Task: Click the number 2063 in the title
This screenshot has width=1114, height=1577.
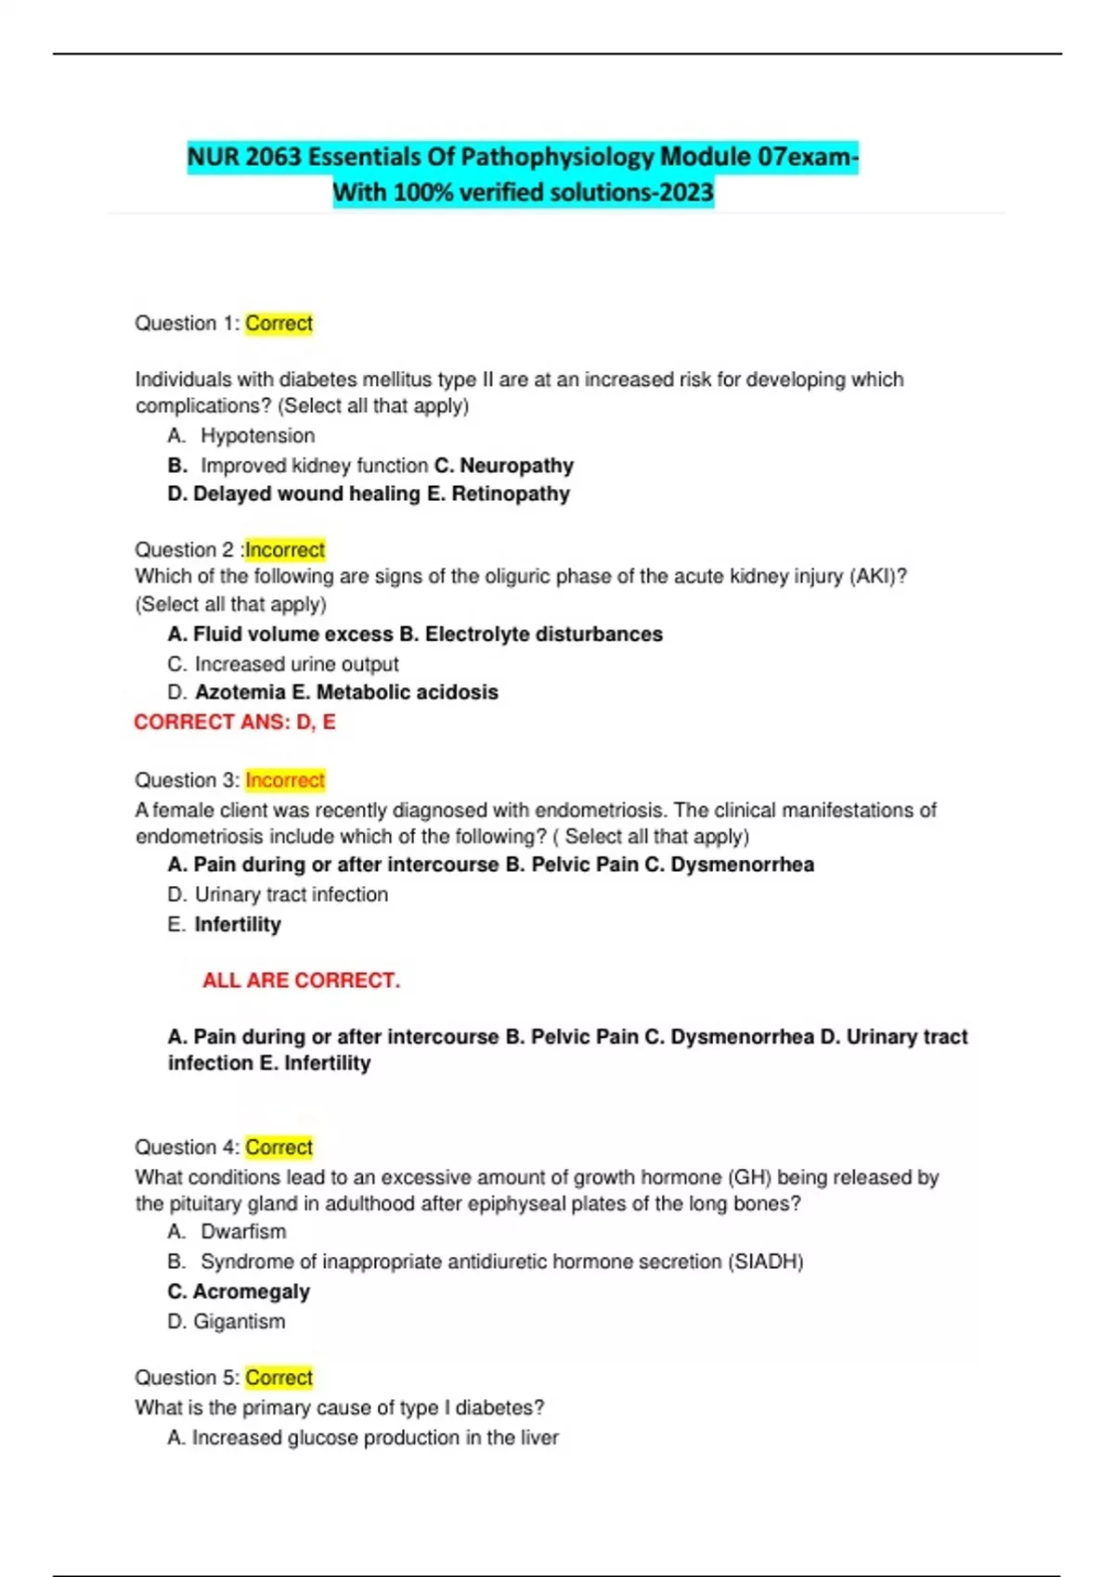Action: coord(274,157)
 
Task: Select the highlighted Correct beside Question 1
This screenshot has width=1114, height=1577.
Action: coord(278,324)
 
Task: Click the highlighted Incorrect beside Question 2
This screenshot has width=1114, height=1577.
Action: coord(284,550)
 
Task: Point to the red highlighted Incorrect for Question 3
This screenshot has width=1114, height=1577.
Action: coord(285,780)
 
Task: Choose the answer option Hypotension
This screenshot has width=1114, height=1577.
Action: coord(257,436)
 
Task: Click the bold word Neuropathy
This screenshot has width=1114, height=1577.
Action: coord(516,466)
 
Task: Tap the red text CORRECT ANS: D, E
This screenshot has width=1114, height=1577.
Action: coord(235,722)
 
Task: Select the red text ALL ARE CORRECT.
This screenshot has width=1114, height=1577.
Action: coord(301,981)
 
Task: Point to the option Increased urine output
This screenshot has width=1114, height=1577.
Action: coord(296,664)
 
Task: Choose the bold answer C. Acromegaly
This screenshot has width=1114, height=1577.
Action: coord(239,1291)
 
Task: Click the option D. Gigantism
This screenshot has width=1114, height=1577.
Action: coord(227,1321)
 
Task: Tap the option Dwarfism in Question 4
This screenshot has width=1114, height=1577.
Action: coord(243,1232)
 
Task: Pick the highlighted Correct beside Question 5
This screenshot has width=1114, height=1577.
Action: coord(278,1378)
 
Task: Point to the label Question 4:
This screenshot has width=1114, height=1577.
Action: coord(187,1147)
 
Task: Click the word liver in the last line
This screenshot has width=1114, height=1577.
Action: coord(539,1438)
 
